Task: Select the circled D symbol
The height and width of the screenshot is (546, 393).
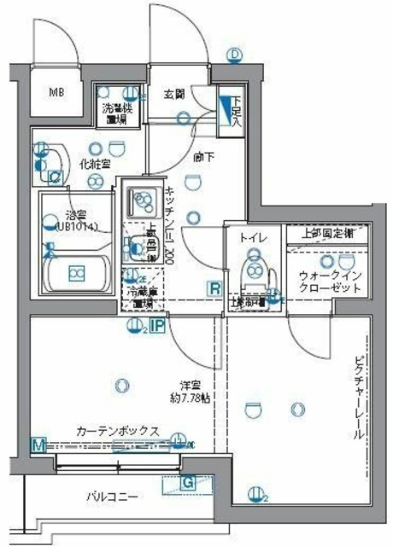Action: click(235, 55)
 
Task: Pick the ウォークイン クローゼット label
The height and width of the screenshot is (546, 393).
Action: click(330, 282)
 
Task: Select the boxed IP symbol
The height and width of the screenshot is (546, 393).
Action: click(157, 326)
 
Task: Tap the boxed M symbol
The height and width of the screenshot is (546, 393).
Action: click(38, 444)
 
